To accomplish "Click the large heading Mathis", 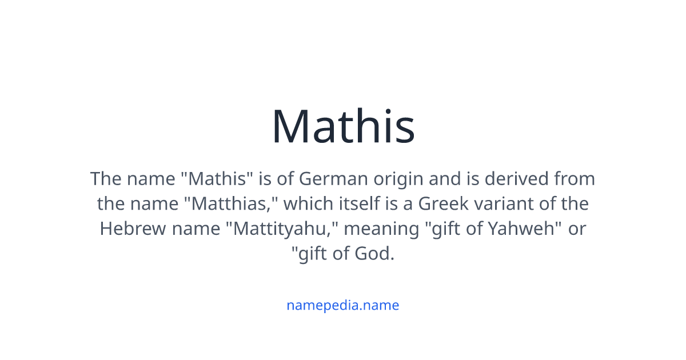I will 343,126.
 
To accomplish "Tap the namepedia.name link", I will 343,305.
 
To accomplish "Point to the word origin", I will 398,179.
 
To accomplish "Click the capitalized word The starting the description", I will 105,179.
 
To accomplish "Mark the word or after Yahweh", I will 578,229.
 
